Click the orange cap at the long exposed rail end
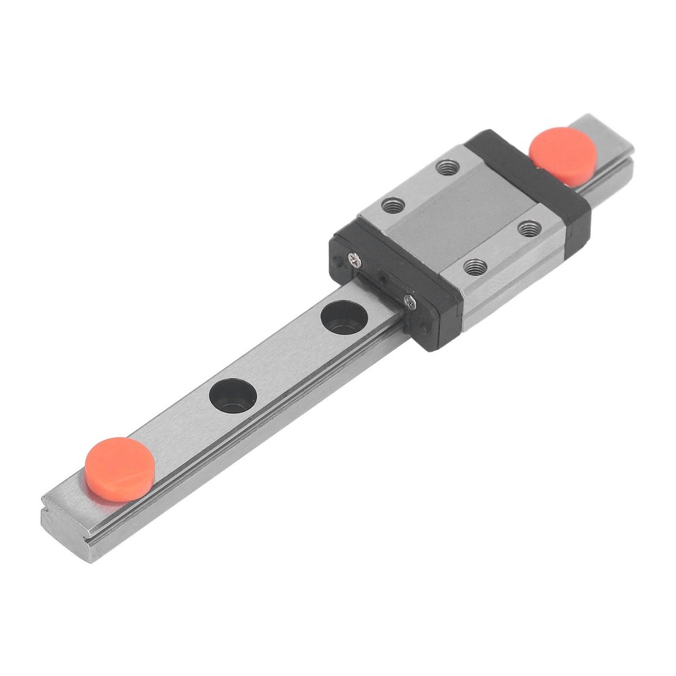tap(120, 468)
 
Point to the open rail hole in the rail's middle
tap(233, 395)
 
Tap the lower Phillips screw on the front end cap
tap(409, 302)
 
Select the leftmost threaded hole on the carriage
tap(393, 205)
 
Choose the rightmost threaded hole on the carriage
tap(529, 228)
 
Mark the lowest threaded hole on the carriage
tap(475, 266)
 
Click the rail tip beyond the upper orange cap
tap(612, 139)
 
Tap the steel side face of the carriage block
tap(514, 284)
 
